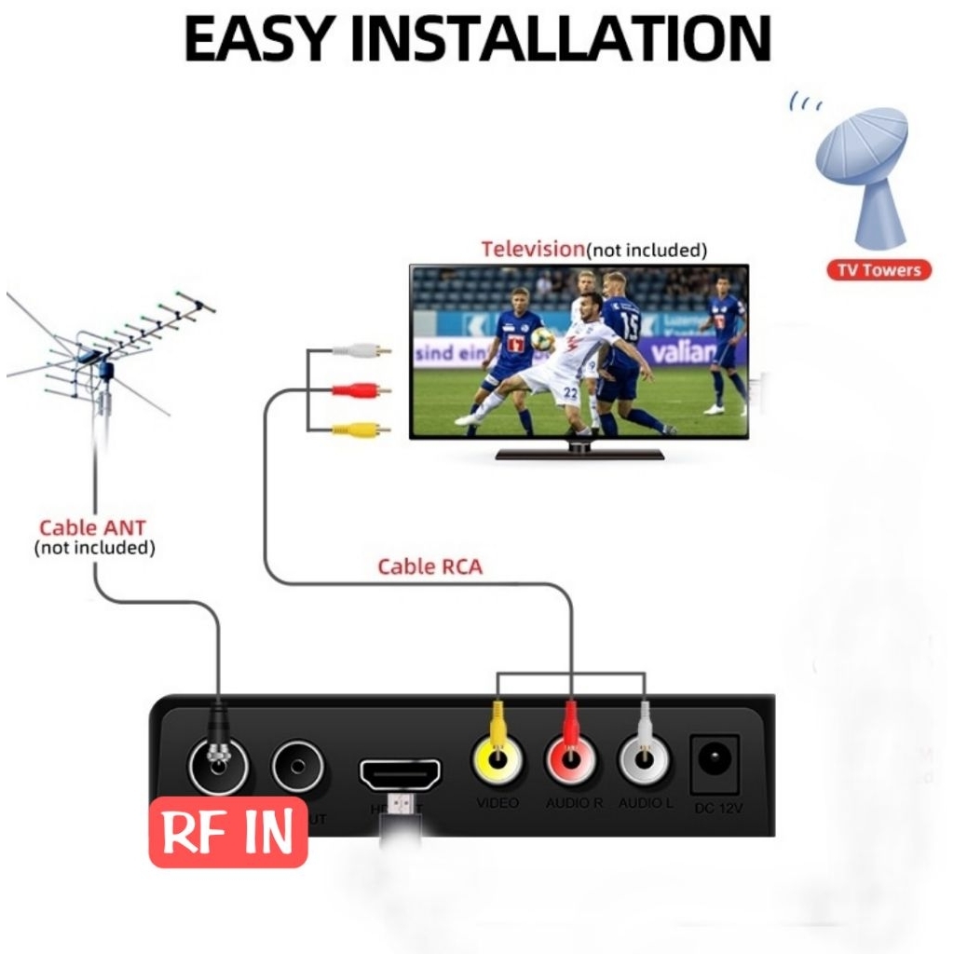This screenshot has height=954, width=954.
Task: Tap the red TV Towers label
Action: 879,271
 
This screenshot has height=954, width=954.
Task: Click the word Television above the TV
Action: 532,249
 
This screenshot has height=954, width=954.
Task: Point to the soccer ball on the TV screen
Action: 542,339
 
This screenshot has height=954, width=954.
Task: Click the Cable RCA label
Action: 429,566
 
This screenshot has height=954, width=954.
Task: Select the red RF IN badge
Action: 228,831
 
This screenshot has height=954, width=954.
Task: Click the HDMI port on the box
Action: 401,773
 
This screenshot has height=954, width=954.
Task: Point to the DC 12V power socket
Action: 715,763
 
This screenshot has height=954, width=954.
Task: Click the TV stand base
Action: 579,454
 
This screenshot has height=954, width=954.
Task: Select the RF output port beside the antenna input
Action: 298,768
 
